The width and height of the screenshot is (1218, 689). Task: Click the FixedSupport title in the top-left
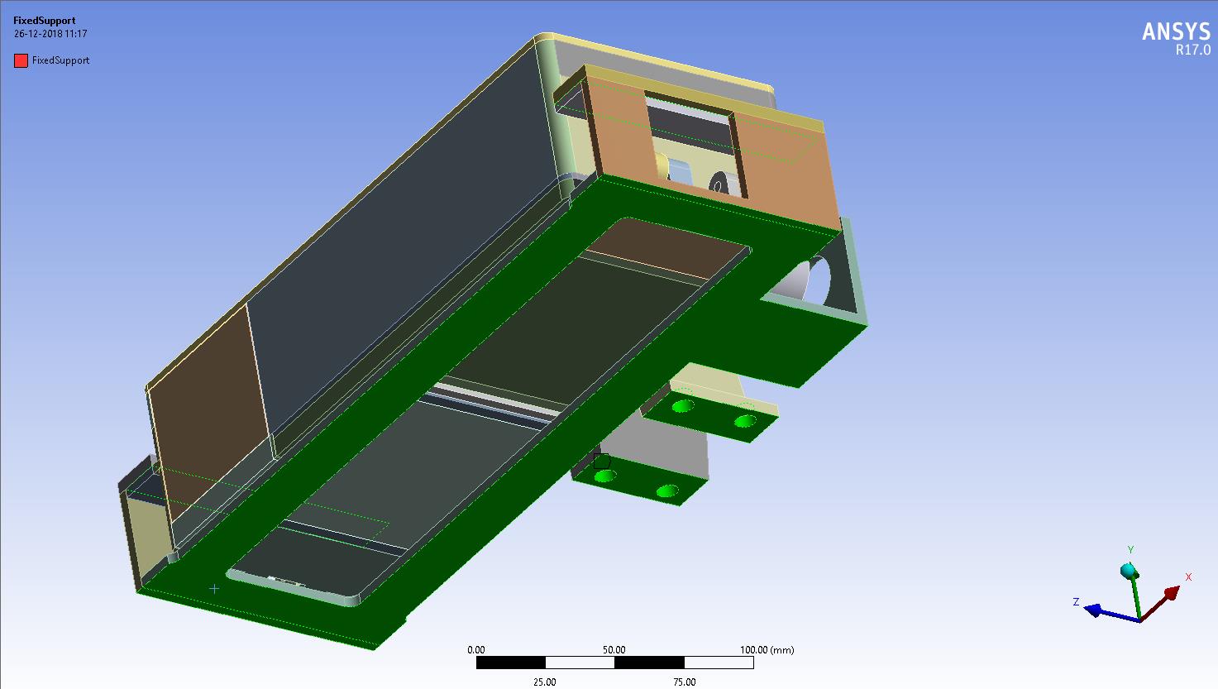click(x=44, y=21)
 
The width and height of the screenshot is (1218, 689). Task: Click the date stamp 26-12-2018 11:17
click(x=50, y=34)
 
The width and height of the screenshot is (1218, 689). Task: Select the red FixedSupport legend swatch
click(x=21, y=60)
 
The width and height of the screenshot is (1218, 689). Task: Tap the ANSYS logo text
click(x=1175, y=31)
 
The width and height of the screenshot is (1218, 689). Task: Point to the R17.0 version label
click(x=1192, y=50)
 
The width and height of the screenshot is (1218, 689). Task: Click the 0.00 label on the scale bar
click(x=476, y=650)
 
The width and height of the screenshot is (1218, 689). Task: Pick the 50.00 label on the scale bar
click(x=614, y=650)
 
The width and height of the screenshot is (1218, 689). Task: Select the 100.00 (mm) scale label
click(x=767, y=650)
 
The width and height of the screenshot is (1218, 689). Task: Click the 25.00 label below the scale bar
click(x=544, y=682)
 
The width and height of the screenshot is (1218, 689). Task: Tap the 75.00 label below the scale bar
click(x=684, y=682)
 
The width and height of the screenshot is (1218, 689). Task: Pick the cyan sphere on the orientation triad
click(x=1128, y=571)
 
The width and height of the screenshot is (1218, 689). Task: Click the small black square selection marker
click(x=601, y=462)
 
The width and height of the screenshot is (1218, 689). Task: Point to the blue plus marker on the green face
click(x=214, y=589)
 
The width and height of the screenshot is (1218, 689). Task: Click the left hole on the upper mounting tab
click(x=682, y=406)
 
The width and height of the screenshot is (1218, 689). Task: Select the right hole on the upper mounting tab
click(x=744, y=422)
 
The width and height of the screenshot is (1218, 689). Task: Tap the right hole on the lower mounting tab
click(x=666, y=492)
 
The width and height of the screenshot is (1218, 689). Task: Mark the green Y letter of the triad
click(x=1130, y=550)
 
